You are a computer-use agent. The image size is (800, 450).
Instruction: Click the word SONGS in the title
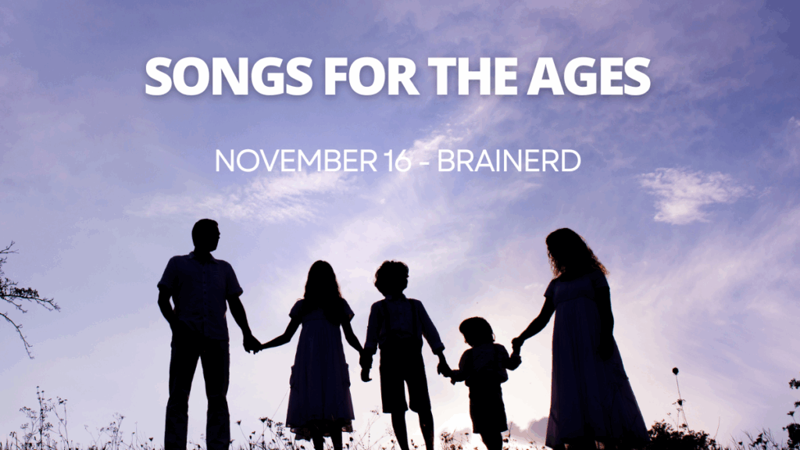pyautogui.click(x=229, y=76)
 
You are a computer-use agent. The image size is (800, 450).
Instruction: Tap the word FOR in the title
pyautogui.click(x=371, y=76)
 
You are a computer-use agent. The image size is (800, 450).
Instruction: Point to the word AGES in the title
pyautogui.click(x=589, y=76)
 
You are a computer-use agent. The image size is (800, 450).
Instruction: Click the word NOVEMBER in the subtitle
pyautogui.click(x=296, y=161)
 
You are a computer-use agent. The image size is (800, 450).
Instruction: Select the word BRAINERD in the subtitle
pyautogui.click(x=509, y=161)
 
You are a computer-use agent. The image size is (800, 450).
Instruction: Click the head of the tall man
pyautogui.click(x=205, y=234)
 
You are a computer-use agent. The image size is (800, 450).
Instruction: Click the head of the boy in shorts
pyautogui.click(x=392, y=277)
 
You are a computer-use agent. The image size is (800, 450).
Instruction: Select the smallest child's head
pyautogui.click(x=477, y=330)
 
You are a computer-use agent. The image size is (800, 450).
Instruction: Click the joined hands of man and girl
pyautogui.click(x=252, y=344)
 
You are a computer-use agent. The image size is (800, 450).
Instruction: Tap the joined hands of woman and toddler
pyautogui.click(x=517, y=345)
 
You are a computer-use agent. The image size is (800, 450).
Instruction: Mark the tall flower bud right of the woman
pyautogui.click(x=676, y=371)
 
